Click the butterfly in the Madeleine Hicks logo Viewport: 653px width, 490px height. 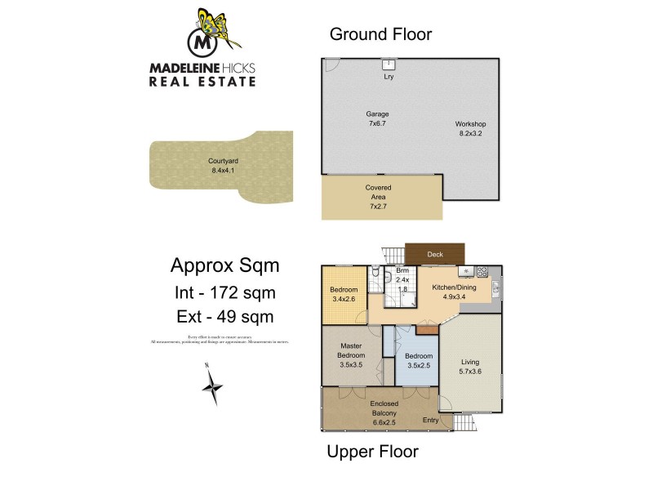click(216, 26)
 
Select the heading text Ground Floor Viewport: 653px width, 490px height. click(380, 34)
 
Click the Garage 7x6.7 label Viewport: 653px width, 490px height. click(377, 119)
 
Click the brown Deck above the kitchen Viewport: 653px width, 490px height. click(435, 254)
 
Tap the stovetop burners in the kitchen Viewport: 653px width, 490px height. click(482, 270)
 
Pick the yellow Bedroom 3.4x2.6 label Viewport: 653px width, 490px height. click(344, 295)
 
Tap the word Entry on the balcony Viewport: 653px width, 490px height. click(430, 421)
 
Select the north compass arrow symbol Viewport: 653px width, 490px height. click(213, 385)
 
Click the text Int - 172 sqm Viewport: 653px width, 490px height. click(224, 292)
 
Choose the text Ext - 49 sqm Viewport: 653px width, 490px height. click(224, 317)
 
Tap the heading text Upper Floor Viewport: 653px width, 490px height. click(372, 451)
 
